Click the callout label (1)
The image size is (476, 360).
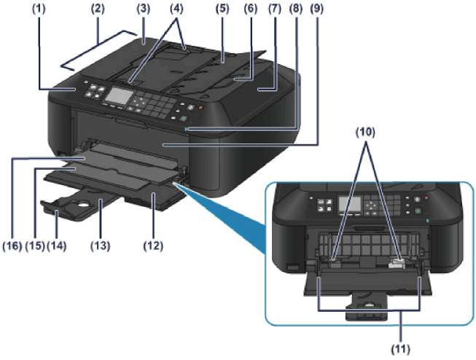click(58, 9)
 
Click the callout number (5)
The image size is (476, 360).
click(219, 9)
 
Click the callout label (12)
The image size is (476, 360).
click(155, 247)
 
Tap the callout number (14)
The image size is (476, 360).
click(55, 247)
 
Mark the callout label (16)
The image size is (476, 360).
click(12, 247)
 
